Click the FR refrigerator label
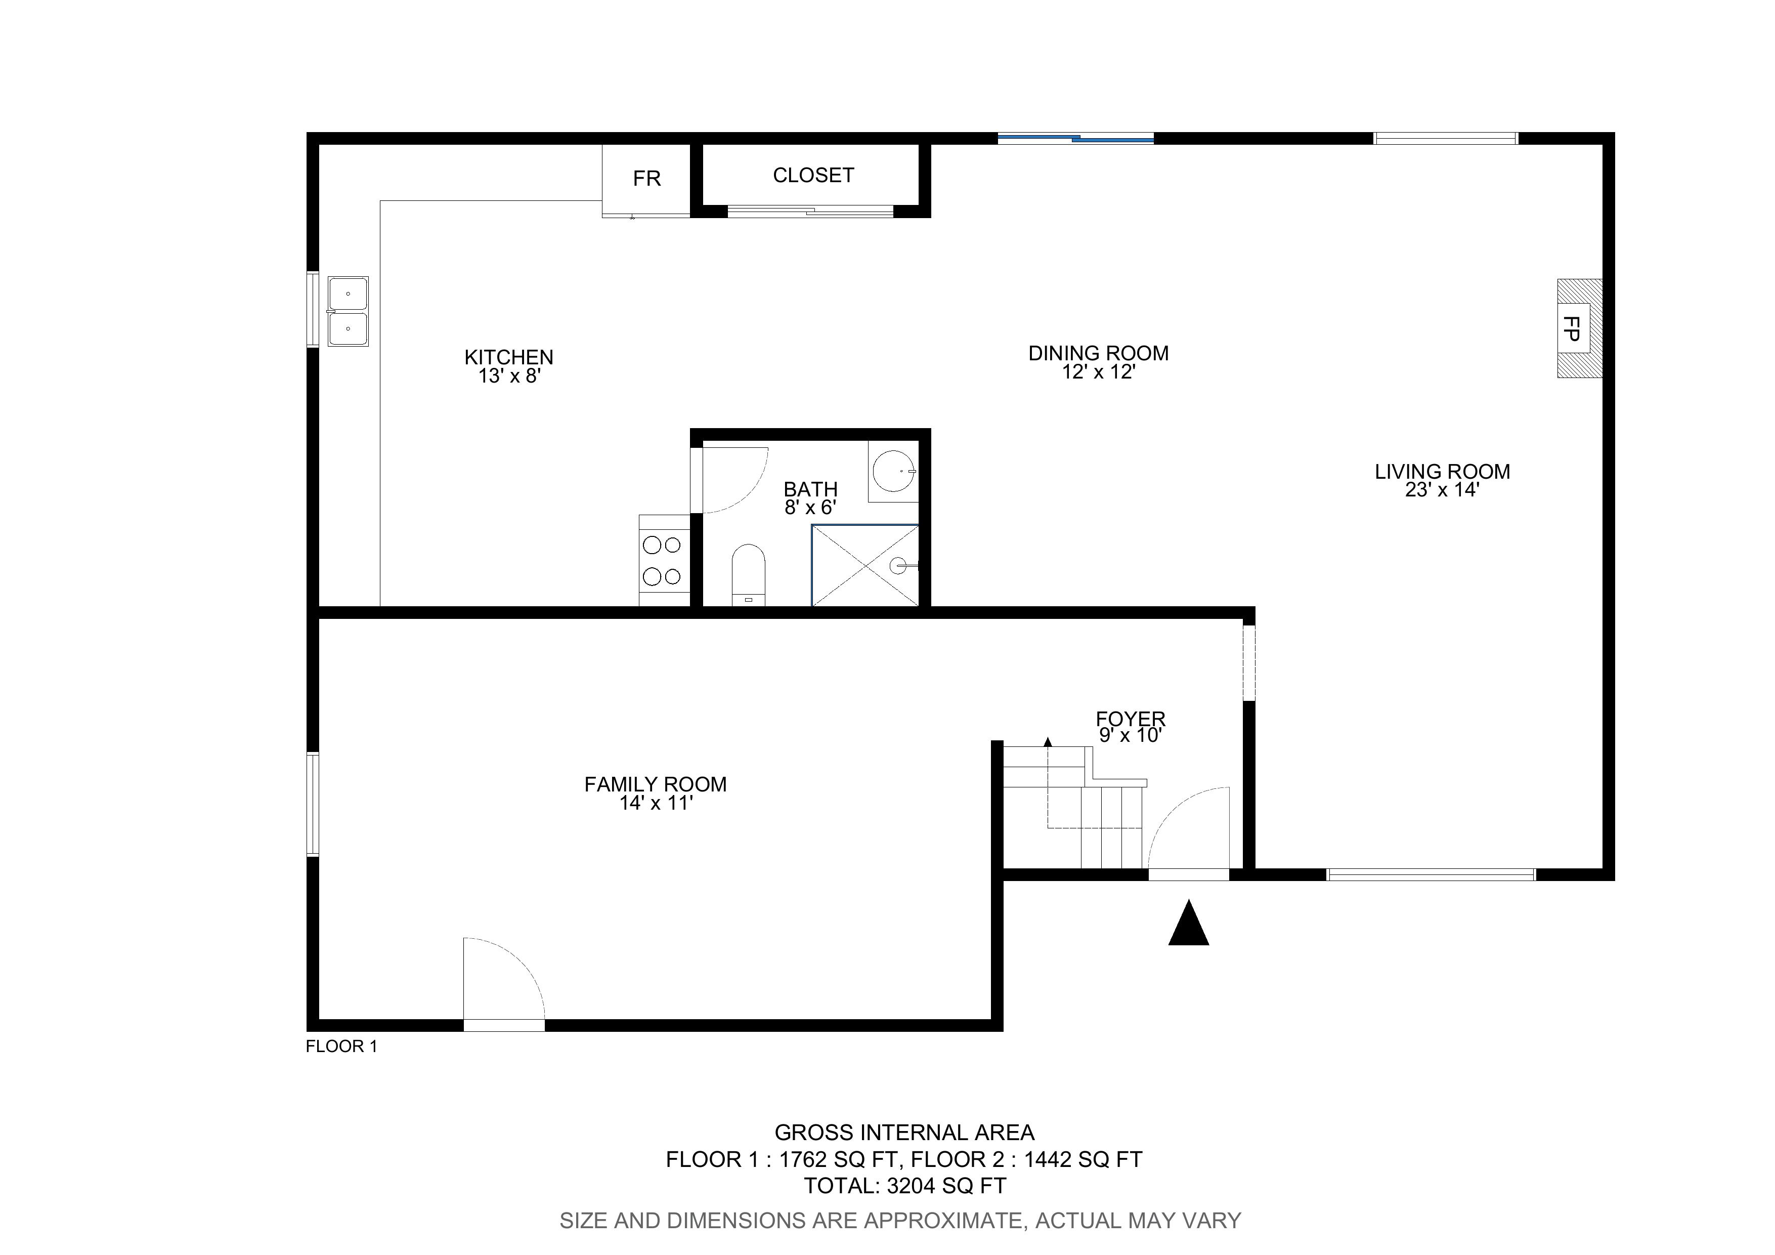click(x=646, y=179)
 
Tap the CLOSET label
click(x=813, y=176)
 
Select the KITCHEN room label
click(x=509, y=357)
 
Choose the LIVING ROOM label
click(x=1442, y=472)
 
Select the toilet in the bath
click(x=748, y=574)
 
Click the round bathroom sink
click(x=894, y=472)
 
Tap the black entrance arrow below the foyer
click(x=1188, y=924)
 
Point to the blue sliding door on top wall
click(x=1075, y=139)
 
